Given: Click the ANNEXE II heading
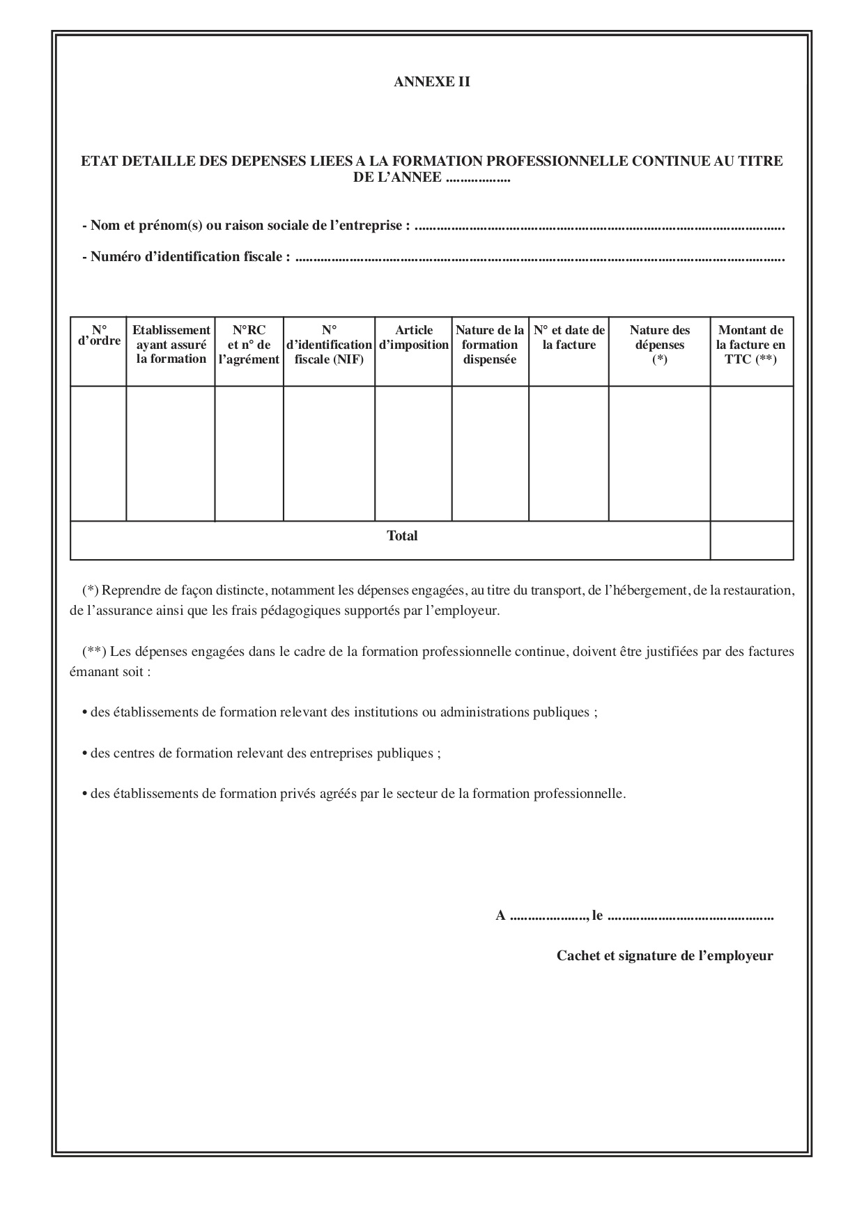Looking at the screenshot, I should tap(431, 82).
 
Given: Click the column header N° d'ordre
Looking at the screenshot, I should tap(99, 336).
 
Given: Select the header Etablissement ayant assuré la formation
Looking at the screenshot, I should tap(171, 345).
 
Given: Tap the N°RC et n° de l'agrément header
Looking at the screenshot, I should tap(249, 345).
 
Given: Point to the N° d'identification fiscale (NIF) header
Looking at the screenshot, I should tap(329, 345).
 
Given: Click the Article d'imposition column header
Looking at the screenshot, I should tap(413, 338).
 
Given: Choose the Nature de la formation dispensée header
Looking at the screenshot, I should tap(490, 345).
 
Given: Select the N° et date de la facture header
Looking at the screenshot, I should tap(569, 338).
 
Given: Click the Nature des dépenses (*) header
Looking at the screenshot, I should tap(659, 345).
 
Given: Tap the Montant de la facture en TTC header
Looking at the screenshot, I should tap(751, 345).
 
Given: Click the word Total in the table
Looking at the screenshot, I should tap(402, 536).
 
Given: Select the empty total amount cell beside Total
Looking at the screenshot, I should tap(751, 540).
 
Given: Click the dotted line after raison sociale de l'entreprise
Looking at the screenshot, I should tap(599, 227).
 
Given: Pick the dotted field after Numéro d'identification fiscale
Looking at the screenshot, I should tap(540, 258).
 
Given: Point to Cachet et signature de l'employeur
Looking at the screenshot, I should tap(664, 956).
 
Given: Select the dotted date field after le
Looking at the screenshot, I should tap(690, 916).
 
